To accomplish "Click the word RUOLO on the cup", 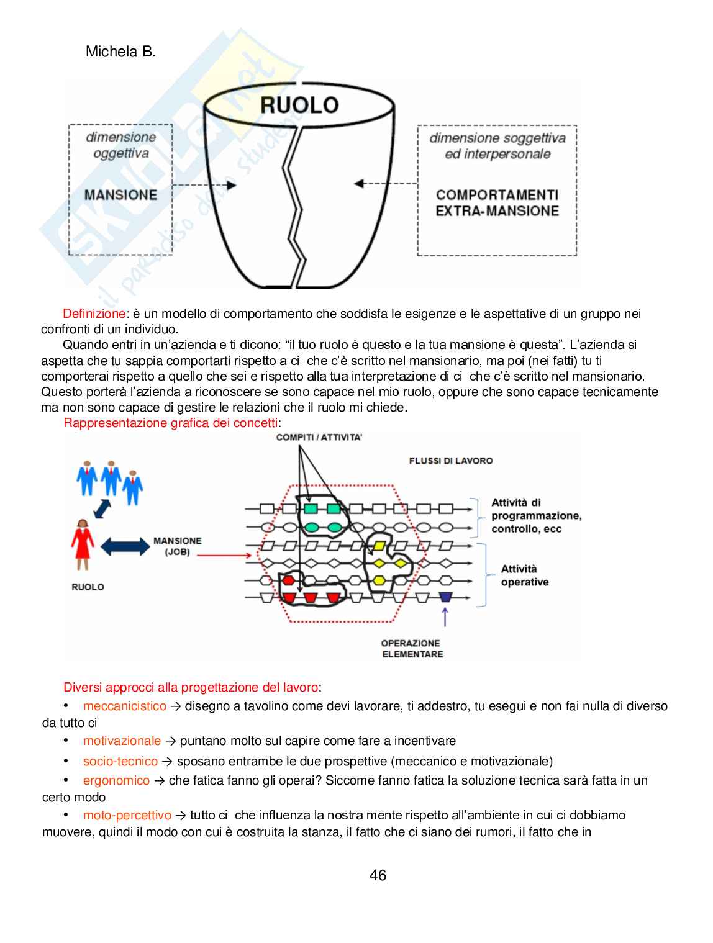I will point(299,104).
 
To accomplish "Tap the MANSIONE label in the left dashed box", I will point(120,195).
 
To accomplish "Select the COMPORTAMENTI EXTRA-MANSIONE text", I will point(497,203).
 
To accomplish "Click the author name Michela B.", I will point(120,52).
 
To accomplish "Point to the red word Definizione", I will point(94,314).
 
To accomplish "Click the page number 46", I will point(378,875).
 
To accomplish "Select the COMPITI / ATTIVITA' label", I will point(319,438).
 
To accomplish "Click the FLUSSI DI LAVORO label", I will point(451,461).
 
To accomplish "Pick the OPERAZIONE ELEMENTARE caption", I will point(412,648).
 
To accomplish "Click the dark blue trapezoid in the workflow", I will point(445,597).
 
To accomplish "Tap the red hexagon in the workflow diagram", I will point(288,581).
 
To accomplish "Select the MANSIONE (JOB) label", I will point(177,546).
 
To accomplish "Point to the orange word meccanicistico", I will point(125,706).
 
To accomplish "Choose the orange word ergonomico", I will point(116,780).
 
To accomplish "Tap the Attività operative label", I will point(525,575).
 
